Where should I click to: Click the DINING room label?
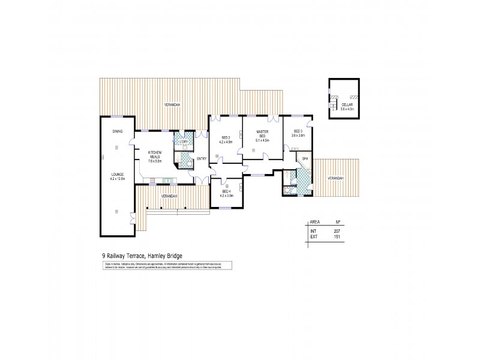118,131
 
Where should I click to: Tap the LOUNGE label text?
118,174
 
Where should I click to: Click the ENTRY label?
202,158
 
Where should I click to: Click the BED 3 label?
298,131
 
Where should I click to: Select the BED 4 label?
226,191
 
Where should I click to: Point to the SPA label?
305,158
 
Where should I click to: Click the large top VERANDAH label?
173,105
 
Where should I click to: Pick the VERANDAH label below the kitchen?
169,196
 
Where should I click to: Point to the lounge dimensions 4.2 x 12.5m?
118,179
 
